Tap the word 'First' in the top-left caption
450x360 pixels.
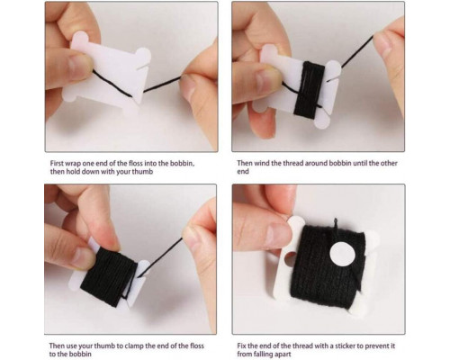(x=57, y=164)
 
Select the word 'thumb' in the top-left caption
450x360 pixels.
(x=142, y=172)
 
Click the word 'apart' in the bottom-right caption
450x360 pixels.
(x=283, y=355)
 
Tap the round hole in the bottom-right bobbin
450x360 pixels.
(x=291, y=259)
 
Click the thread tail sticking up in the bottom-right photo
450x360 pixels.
(x=336, y=223)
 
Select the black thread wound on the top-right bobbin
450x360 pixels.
(x=309, y=89)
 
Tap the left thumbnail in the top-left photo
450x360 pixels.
(x=78, y=64)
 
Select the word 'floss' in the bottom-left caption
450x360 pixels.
(x=195, y=346)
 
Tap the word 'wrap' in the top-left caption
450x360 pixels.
(x=72, y=164)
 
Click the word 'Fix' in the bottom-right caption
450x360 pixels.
(x=242, y=346)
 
